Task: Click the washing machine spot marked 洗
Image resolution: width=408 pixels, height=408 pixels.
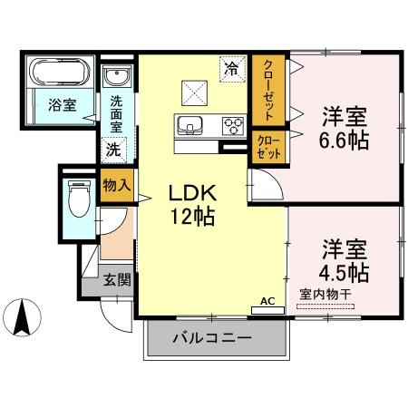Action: click(x=114, y=148)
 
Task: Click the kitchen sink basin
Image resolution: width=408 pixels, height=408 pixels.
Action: click(x=191, y=125)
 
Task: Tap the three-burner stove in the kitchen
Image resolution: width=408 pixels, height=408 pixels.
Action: click(x=233, y=125)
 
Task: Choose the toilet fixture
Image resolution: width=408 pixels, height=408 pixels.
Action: click(x=78, y=194)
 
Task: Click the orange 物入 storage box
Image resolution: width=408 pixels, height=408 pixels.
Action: click(x=117, y=185)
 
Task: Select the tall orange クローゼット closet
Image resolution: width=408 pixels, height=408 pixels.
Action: click(x=268, y=90)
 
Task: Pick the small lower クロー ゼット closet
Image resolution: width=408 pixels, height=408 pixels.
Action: click(x=268, y=147)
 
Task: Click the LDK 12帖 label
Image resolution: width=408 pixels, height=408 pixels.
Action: click(x=189, y=205)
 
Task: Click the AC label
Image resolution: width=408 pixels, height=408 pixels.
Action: click(x=267, y=300)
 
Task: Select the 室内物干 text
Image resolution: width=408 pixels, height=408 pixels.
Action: click(x=325, y=293)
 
